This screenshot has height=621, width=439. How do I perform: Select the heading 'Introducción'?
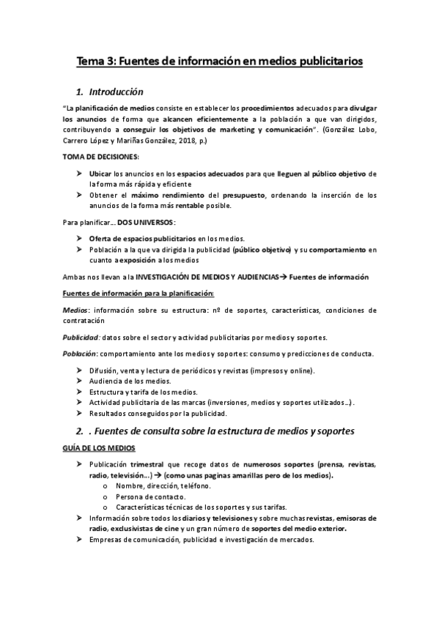pyautogui.click(x=121, y=93)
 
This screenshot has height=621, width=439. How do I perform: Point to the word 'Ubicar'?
pyautogui.click(x=100, y=174)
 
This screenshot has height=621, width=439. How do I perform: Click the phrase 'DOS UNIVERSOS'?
pyautogui.click(x=146, y=222)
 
